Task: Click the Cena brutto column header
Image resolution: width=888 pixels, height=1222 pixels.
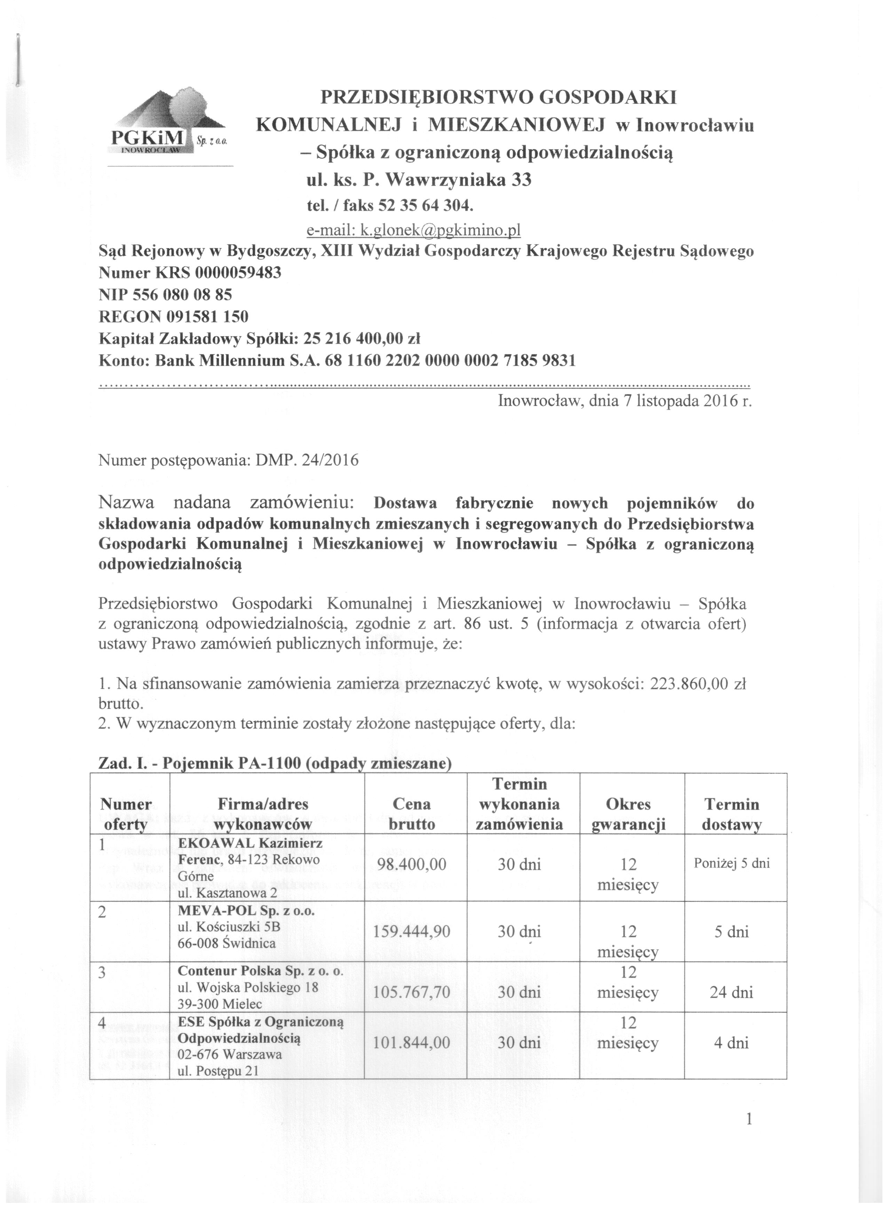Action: pos(411,814)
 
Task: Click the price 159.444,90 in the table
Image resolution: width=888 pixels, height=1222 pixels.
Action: pos(411,931)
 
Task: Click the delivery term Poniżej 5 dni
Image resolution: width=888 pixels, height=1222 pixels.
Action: pos(731,863)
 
